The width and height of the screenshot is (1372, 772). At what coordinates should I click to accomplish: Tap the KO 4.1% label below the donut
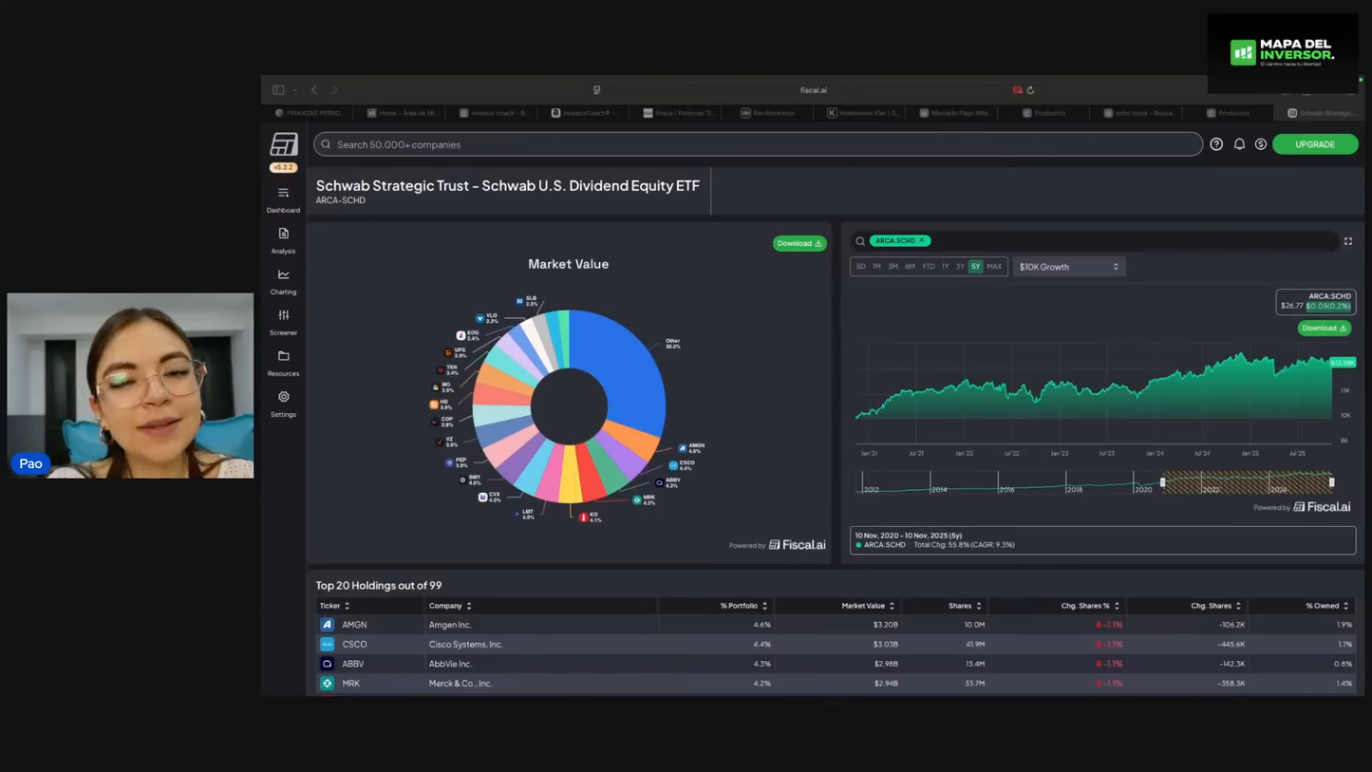tap(592, 517)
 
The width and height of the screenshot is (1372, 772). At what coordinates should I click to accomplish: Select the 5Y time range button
tap(975, 267)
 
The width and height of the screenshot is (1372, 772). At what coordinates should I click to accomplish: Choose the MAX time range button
tap(994, 267)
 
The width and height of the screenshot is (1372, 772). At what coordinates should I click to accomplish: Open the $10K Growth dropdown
tap(1068, 267)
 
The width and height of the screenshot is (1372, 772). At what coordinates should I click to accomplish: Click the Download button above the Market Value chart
tap(799, 244)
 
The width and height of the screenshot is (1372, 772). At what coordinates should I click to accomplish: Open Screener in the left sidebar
tap(283, 321)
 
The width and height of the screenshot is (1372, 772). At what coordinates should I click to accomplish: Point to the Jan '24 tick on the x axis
tap(1155, 454)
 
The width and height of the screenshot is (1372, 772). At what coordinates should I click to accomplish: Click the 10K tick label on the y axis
tap(1345, 415)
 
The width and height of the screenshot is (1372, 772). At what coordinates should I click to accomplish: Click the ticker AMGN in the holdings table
tap(354, 625)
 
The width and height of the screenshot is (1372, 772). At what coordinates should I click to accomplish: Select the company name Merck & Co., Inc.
tap(460, 684)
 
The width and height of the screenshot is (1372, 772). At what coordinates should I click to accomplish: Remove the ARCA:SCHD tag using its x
tap(922, 241)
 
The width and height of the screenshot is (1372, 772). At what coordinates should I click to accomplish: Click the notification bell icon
tap(1239, 144)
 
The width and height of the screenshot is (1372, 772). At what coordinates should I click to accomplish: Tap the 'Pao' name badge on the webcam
tap(30, 463)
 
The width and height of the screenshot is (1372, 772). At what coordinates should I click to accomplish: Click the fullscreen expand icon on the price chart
tap(1347, 241)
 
